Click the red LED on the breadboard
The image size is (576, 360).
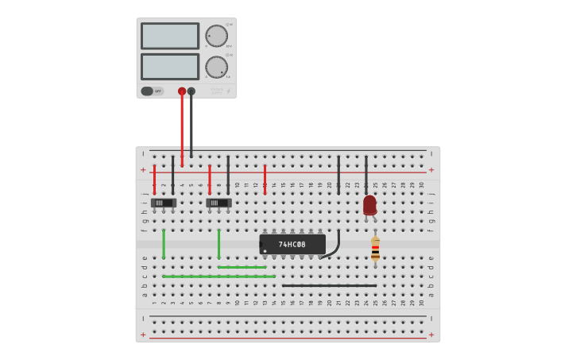[x=369, y=204]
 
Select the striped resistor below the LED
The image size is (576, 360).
[x=375, y=250]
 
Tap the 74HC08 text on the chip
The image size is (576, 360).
[x=292, y=244]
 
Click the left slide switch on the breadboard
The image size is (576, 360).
[x=163, y=203]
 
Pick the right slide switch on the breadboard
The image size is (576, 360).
[x=218, y=203]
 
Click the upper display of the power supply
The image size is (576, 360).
[x=170, y=36]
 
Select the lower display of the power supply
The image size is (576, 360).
[x=170, y=66]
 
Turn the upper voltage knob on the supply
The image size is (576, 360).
[x=216, y=36]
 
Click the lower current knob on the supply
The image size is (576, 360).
[x=216, y=67]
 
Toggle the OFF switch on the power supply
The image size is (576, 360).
[x=152, y=91]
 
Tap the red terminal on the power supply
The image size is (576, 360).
[x=182, y=91]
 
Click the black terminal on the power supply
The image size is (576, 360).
[x=191, y=91]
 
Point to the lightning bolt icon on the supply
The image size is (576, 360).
[x=229, y=91]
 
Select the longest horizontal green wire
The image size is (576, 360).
[x=218, y=277]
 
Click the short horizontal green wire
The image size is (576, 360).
[x=242, y=267]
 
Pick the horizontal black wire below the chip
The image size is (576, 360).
[x=329, y=285]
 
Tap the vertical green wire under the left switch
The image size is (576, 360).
[x=164, y=244]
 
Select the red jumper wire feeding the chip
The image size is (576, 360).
[x=265, y=180]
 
